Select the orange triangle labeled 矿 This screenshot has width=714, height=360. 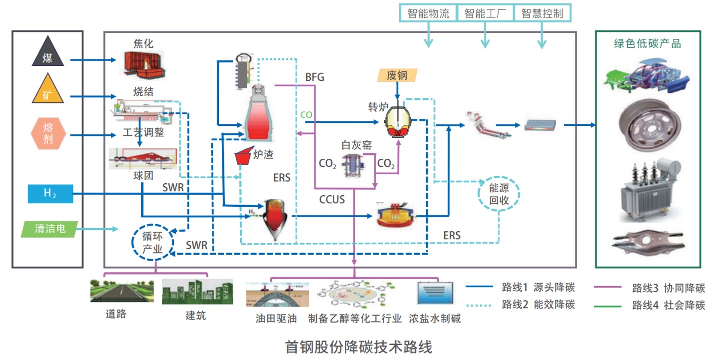[x=47, y=90]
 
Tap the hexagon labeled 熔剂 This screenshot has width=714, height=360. [x=48, y=133]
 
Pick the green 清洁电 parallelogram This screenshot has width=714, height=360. [x=50, y=229]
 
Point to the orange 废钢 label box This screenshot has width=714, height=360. [x=397, y=75]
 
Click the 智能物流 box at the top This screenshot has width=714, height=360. [x=428, y=13]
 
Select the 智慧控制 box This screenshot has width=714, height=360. [x=542, y=13]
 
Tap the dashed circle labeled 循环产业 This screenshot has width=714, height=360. [x=153, y=242]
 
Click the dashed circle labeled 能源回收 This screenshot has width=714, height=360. [x=499, y=193]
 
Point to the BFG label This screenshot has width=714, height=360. [x=314, y=77]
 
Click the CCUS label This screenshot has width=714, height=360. [x=332, y=199]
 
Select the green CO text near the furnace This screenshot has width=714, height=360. [x=306, y=115]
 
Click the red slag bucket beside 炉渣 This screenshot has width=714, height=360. [x=243, y=156]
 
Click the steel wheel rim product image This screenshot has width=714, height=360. [x=648, y=127]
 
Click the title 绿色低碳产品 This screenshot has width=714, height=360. [x=647, y=43]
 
